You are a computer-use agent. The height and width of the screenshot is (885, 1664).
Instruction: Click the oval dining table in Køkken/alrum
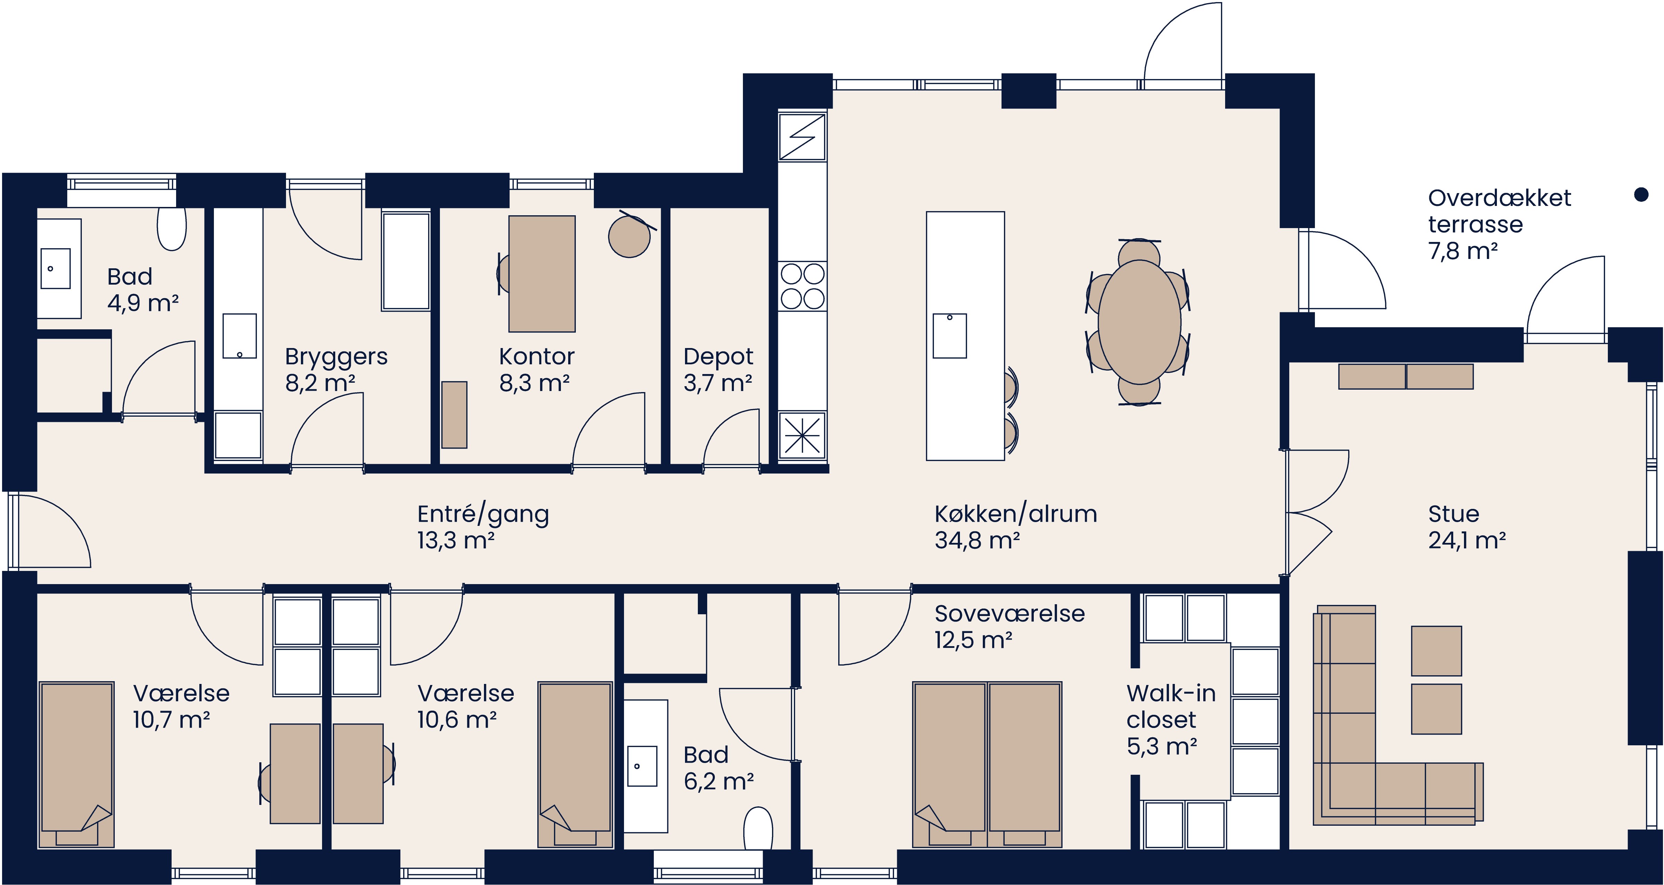(x=1139, y=322)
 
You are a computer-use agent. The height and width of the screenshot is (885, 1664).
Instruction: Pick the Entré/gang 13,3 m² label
(x=483, y=527)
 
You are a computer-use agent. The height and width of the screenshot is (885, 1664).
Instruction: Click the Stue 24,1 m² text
(x=1466, y=527)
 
